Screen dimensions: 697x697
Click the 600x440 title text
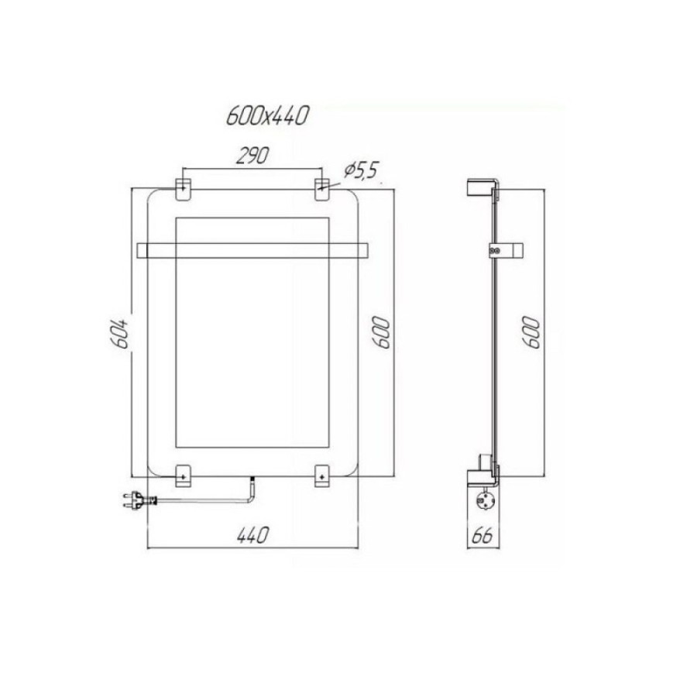pos(267,116)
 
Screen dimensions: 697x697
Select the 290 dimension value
pos(252,156)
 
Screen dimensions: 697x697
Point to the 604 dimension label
pos(119,331)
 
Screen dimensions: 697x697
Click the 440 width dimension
pos(253,534)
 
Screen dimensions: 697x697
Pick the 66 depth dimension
pos(482,536)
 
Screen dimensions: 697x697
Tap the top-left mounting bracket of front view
pos(183,190)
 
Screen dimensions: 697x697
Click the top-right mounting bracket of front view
pos(322,190)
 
